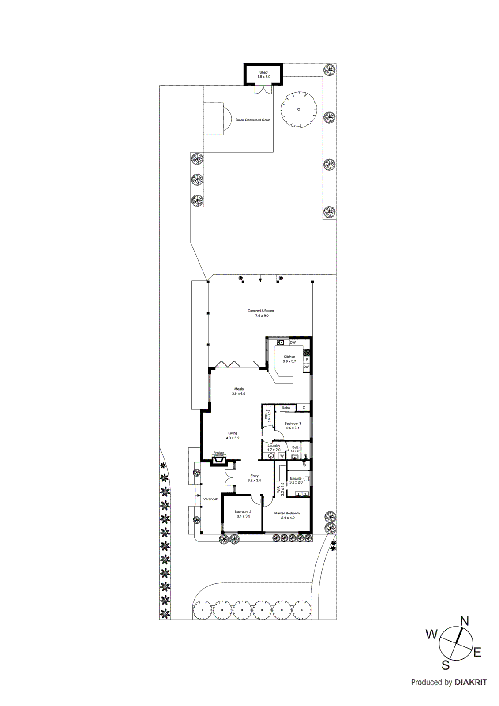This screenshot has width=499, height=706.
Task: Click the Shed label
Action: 263,72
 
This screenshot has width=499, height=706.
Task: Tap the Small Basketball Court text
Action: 253,120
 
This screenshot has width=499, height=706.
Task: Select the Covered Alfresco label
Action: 261,311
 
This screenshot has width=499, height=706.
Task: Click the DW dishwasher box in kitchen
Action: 293,342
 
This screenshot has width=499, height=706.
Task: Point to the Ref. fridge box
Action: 306,367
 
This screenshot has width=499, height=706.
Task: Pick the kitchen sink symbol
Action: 280,342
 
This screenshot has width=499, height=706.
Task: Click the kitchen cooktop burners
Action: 306,353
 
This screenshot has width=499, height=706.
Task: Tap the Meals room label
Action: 239,389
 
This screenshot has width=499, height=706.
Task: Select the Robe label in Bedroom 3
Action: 286,408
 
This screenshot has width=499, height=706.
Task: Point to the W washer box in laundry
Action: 281,456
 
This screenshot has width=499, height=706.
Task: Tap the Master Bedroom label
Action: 287,513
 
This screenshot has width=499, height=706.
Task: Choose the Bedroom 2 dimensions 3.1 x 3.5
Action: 243,516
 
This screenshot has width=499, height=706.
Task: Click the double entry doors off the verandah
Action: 229,477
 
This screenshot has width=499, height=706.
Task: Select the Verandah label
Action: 210,499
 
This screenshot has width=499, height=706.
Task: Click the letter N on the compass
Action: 465,621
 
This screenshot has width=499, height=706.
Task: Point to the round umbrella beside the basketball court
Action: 299,109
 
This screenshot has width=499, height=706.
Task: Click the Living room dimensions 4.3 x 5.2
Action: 233,438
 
